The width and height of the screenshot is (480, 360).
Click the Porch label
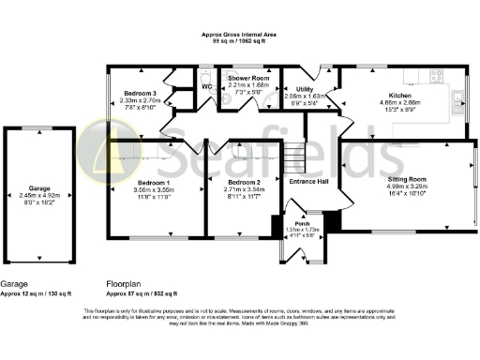click(x=302, y=221)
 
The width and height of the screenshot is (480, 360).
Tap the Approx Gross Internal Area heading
click(x=239, y=34)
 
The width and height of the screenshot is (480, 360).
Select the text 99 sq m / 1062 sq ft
click(x=239, y=41)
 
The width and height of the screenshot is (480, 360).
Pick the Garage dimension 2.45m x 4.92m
click(x=38, y=194)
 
